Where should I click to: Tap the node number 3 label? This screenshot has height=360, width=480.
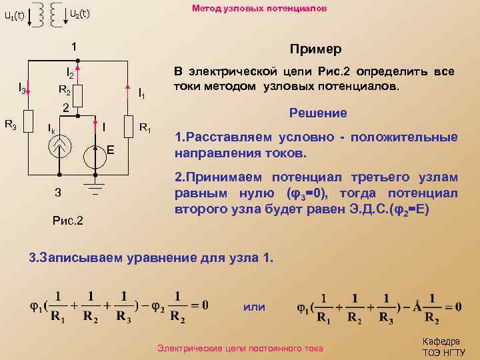[x=58, y=193]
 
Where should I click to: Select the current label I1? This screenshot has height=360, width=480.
[x=141, y=95]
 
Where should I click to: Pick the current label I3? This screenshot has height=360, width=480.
[x=21, y=89]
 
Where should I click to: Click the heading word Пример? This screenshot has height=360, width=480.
[x=315, y=50]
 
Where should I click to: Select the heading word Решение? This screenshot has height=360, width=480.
[x=318, y=113]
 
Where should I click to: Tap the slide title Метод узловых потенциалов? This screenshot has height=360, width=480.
[x=259, y=9]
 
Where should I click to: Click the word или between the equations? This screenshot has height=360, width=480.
[x=254, y=307]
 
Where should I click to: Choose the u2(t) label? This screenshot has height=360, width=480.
[x=79, y=13]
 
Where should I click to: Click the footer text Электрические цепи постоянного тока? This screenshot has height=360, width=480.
[x=239, y=348]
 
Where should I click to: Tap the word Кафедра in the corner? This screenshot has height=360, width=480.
[x=441, y=341]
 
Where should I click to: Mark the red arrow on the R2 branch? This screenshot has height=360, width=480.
[x=78, y=67]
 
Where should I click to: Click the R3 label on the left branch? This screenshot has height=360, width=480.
[x=11, y=123]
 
